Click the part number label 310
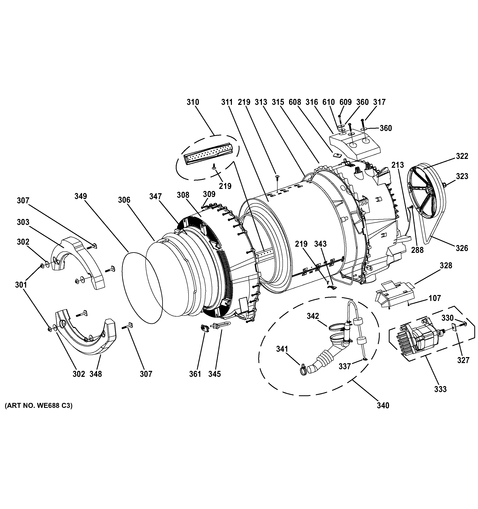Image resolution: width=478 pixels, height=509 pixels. (x=192, y=102)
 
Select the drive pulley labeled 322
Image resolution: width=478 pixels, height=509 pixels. (x=425, y=195)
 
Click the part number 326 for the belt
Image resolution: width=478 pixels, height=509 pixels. (x=462, y=248)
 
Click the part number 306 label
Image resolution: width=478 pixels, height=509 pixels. (x=124, y=200)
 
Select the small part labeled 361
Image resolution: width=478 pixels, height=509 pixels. (x=204, y=328)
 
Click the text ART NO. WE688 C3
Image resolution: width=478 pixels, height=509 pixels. (x=39, y=413)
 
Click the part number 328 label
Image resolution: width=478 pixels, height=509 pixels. (x=446, y=266)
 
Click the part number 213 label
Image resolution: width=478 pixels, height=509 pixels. (x=397, y=165)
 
